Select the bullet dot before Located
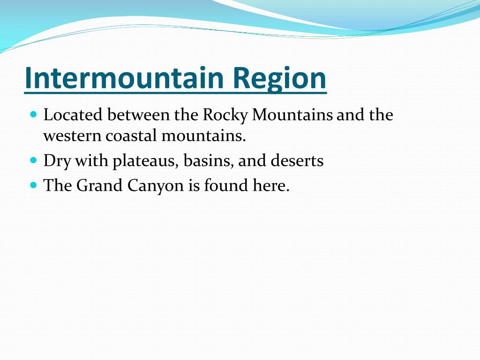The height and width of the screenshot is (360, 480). click(33, 114)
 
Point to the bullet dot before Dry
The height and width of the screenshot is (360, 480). click(33, 160)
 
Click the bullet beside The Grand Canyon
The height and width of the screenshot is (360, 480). click(33, 185)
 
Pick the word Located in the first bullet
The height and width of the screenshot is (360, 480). click(73, 115)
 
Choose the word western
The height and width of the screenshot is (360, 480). click(72, 136)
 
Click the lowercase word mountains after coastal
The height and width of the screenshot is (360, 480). click(203, 136)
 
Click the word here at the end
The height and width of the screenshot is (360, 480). click(270, 186)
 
